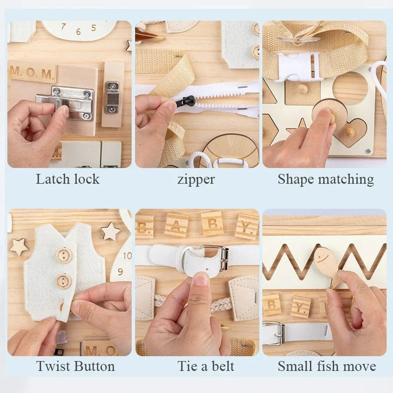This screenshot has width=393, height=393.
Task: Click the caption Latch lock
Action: [67, 179]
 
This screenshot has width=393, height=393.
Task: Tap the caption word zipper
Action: [196, 179]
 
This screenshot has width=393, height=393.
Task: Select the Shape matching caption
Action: [325, 179]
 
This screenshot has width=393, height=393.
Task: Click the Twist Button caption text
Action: [75, 366]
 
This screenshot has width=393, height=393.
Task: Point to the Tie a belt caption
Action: [206, 366]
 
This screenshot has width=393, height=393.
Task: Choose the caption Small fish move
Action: [327, 366]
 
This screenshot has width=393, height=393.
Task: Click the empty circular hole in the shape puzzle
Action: [350, 88]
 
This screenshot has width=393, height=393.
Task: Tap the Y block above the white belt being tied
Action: [246, 226]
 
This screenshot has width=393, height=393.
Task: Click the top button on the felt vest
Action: [63, 255]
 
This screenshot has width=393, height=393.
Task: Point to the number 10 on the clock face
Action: [127, 255]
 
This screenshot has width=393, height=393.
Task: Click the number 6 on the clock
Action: [79, 32]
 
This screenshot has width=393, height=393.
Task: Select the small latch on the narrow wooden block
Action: [112, 97]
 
